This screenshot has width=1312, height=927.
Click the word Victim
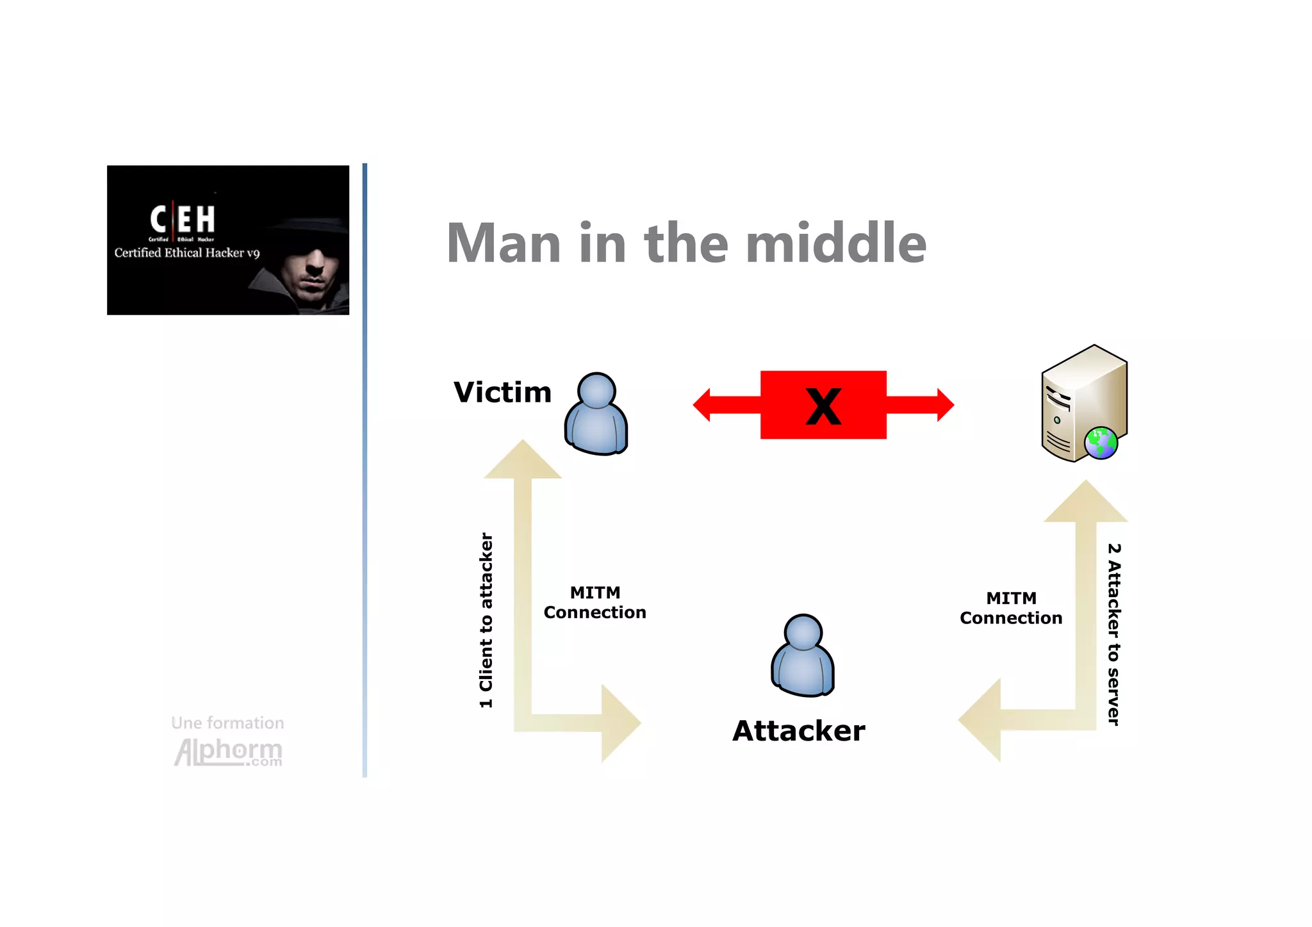(502, 393)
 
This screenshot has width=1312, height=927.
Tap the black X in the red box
(823, 406)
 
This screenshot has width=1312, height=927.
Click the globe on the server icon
(1101, 443)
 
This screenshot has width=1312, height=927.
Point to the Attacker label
(798, 731)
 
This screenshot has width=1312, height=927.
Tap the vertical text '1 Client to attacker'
(486, 620)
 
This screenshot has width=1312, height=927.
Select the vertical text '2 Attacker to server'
(1114, 634)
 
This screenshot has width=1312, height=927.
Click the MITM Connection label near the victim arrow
(594, 602)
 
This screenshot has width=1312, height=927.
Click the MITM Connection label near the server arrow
(1011, 608)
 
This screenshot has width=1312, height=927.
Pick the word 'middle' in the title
(836, 243)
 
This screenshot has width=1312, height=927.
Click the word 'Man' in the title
(504, 243)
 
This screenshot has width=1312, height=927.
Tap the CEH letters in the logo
(183, 219)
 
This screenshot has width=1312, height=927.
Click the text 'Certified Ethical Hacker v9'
(187, 252)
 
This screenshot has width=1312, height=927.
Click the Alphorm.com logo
(228, 751)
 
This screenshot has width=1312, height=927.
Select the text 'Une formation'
(227, 723)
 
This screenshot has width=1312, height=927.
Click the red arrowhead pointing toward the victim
(703, 405)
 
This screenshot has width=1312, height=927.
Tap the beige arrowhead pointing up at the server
(1085, 502)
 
